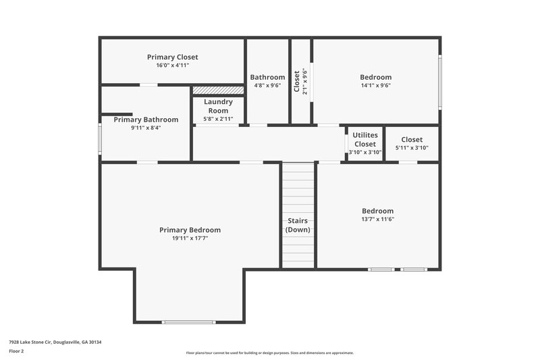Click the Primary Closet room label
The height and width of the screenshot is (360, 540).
click(x=172, y=57)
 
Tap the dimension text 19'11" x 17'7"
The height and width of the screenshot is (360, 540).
click(x=190, y=238)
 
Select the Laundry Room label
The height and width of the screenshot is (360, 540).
click(x=218, y=106)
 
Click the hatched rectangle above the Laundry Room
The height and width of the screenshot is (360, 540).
click(x=218, y=90)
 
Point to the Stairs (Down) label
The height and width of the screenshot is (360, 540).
click(x=298, y=225)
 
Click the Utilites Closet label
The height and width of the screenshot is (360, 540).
click(x=365, y=139)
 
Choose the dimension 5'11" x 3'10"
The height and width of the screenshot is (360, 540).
click(x=412, y=148)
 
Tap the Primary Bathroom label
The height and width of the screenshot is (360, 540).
click(x=146, y=120)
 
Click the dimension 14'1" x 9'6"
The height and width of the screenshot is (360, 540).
click(x=375, y=85)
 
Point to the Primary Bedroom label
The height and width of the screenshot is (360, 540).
click(x=190, y=230)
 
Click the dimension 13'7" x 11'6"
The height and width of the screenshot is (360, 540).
click(x=377, y=219)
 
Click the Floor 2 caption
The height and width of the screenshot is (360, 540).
click(x=16, y=351)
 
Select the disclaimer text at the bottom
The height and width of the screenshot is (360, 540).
click(x=269, y=353)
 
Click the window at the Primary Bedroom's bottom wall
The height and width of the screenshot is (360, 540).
click(x=189, y=322)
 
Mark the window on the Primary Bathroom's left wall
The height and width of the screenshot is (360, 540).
click(x=101, y=138)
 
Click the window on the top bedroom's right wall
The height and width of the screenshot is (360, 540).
click(x=439, y=81)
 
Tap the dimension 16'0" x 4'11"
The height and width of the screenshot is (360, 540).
click(x=172, y=66)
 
